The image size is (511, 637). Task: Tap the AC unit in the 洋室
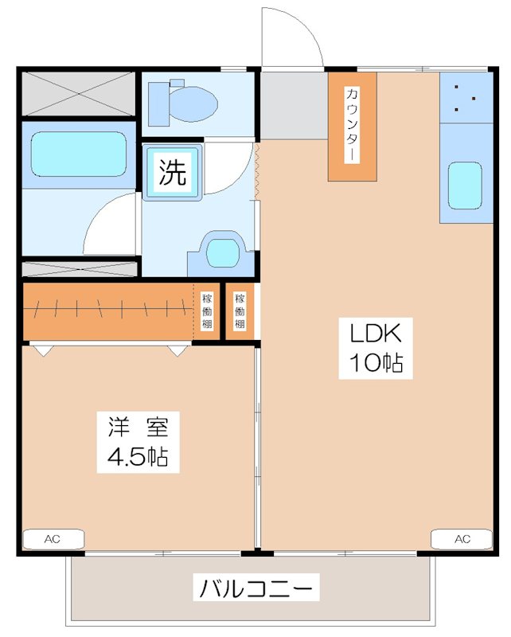pyautogui.click(x=52, y=540)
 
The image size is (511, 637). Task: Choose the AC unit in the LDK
pyautogui.click(x=462, y=539)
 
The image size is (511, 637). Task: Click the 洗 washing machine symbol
pyautogui.click(x=173, y=172)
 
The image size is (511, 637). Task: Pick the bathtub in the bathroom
pyautogui.click(x=76, y=153)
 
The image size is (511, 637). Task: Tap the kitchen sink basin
pyautogui.click(x=466, y=186)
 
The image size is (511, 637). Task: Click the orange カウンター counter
pyautogui.click(x=352, y=126)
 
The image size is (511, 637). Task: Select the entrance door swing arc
pyautogui.click(x=293, y=36)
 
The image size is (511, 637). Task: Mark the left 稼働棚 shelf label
pyautogui.click(x=207, y=311)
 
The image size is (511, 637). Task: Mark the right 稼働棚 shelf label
pyautogui.click(x=240, y=311)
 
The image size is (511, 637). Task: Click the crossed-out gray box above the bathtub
pyautogui.click(x=76, y=94)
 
